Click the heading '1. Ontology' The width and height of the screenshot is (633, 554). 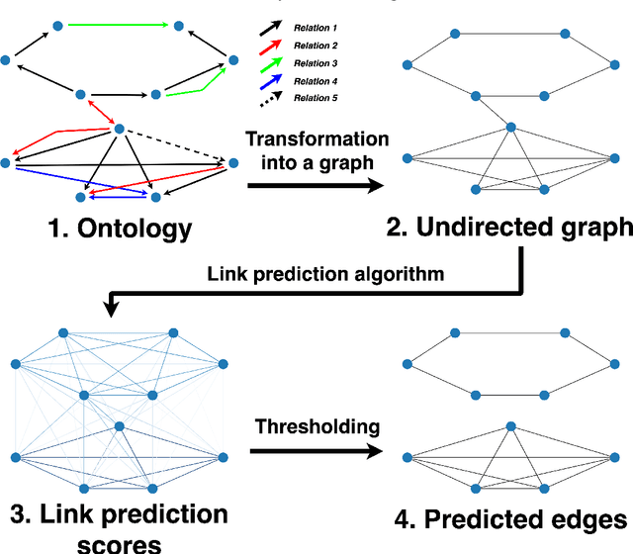[121, 230]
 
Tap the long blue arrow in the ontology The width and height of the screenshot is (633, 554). [79, 180]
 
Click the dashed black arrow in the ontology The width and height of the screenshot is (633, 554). [178, 144]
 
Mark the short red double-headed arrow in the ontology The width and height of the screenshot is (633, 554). [98, 113]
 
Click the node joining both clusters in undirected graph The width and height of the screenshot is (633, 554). [510, 127]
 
